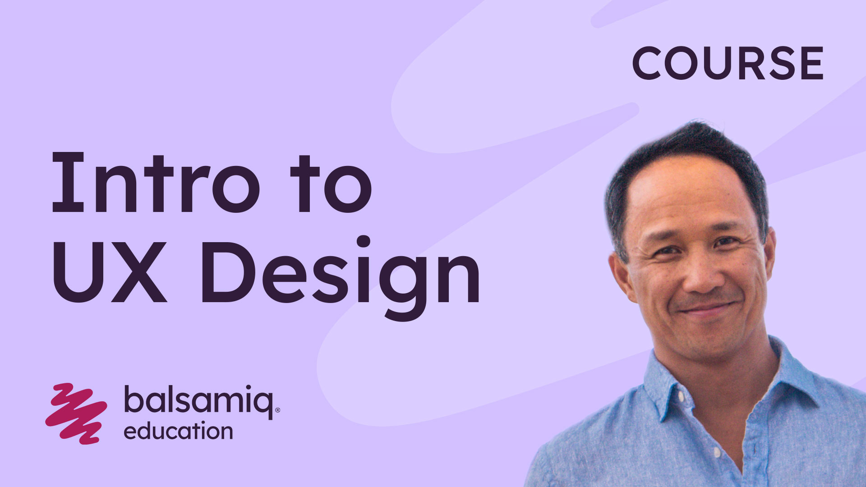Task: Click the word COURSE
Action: (728, 63)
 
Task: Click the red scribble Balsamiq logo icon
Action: (76, 413)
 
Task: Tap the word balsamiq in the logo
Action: (198, 400)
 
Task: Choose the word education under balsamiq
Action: (178, 432)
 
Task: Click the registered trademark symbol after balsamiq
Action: (277, 410)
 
